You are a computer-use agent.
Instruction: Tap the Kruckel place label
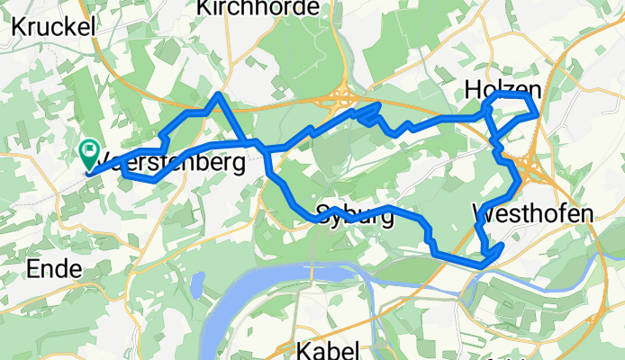point(54,27)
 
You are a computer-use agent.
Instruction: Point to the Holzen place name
point(503,88)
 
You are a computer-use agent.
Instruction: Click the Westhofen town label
point(532,214)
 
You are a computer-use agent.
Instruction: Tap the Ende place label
point(56,268)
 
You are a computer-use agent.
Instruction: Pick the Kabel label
point(329,349)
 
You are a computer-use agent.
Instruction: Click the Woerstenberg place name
point(171,165)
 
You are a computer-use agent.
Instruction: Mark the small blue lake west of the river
point(195,286)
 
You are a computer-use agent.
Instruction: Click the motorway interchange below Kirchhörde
point(344,96)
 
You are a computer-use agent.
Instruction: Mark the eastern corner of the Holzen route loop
point(537,114)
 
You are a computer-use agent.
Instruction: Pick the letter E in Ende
point(35,268)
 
